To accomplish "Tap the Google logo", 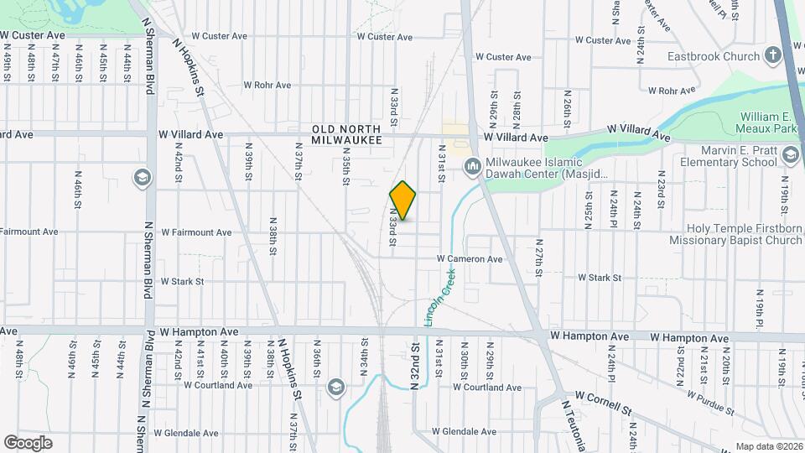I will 28,442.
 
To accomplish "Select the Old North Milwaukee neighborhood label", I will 346,134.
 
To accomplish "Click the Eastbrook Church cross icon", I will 772,57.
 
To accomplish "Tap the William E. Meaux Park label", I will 769,124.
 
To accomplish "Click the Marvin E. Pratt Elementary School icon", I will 790,154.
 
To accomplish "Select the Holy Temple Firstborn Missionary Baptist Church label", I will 744,234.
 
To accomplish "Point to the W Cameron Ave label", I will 469,259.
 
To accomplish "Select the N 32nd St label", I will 414,364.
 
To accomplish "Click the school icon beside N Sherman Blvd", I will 141,177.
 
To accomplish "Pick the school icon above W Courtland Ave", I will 336,387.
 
